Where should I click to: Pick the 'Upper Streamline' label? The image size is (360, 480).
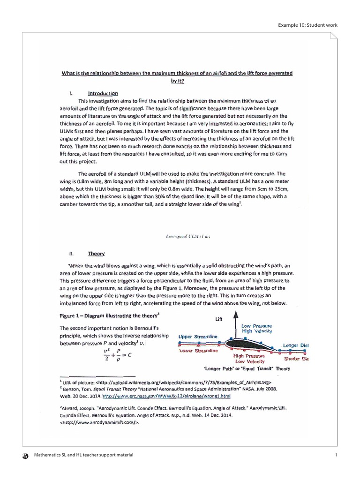tap(198, 337)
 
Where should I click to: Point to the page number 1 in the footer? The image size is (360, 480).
tap(336, 455)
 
